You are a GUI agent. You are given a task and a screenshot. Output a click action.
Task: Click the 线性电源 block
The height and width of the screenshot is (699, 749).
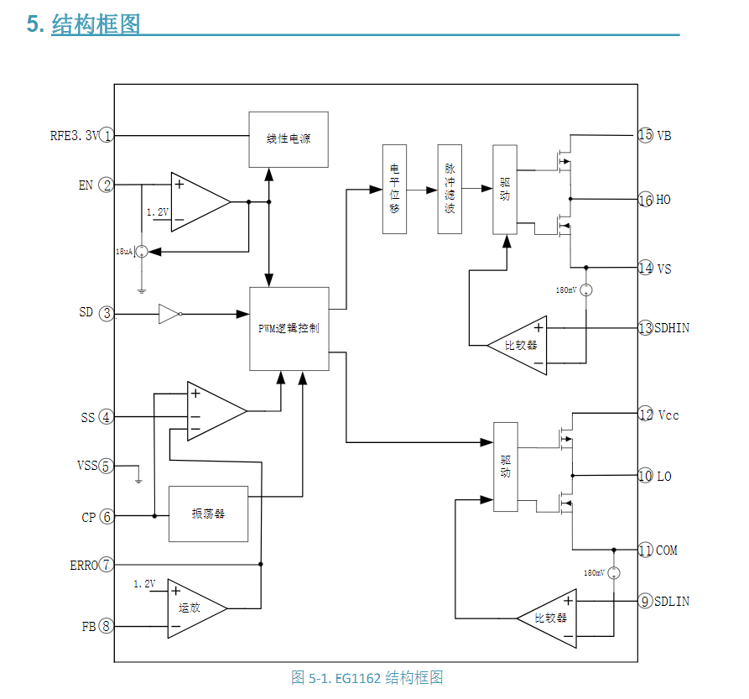pos(288,139)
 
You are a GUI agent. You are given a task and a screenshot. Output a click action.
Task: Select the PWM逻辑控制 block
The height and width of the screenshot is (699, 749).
pos(288,328)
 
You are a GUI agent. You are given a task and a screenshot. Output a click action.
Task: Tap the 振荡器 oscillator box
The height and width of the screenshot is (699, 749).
pos(208,514)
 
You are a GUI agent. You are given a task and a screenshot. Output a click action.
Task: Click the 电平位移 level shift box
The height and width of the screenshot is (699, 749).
pos(394,189)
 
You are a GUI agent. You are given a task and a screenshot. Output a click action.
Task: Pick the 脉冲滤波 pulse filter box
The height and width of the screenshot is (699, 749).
pos(450,189)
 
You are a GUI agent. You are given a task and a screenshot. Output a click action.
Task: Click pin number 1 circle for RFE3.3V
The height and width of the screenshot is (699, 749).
pos(107,135)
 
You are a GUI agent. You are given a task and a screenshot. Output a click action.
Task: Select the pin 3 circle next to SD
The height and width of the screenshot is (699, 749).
pos(107,314)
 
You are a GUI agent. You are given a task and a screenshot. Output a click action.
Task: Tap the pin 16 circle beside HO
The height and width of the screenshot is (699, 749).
pos(645,200)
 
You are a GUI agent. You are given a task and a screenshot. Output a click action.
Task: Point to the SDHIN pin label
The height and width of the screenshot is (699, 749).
pos(672,328)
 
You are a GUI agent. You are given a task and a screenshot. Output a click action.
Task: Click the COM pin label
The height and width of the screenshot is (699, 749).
pos(667,550)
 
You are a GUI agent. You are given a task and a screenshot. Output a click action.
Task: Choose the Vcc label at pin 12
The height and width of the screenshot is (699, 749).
pos(668,415)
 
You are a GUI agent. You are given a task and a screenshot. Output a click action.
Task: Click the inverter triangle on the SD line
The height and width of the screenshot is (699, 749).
pos(169,315)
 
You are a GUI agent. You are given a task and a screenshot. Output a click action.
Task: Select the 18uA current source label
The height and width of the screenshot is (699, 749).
pos(123,251)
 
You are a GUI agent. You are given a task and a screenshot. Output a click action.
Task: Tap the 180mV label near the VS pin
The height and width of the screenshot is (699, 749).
pos(566,290)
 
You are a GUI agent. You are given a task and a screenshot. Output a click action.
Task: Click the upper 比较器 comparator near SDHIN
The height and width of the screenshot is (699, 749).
pos(523,344)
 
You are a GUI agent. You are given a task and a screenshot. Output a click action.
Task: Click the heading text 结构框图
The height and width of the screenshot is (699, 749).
pos(95,24)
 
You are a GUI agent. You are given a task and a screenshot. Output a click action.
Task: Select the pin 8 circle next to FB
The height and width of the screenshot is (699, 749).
pos(107,626)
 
